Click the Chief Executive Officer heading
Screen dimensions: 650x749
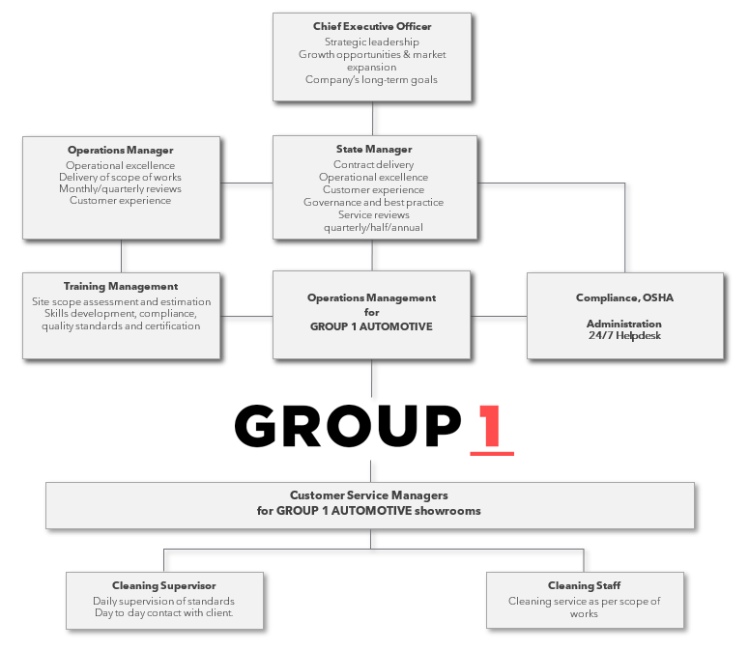pyautogui.click(x=372, y=26)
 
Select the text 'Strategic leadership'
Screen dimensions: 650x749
pyautogui.click(x=372, y=42)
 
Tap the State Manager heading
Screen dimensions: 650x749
pyautogui.click(x=373, y=150)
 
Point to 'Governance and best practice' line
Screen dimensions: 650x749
pyautogui.click(x=373, y=202)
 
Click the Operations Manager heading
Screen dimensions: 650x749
pyautogui.click(x=120, y=150)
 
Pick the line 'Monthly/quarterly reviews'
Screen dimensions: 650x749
pyautogui.click(x=120, y=188)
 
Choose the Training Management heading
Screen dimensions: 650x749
pyautogui.click(x=121, y=286)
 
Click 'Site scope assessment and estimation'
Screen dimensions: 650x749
pyautogui.click(x=121, y=301)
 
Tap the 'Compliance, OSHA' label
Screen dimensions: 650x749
pyautogui.click(x=624, y=297)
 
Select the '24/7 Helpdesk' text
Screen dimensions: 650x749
pyautogui.click(x=624, y=335)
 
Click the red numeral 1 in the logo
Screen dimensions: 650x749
pyautogui.click(x=491, y=426)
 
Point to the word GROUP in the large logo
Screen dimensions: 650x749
pyautogui.click(x=348, y=426)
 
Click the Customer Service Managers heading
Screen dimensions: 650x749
pyautogui.click(x=369, y=495)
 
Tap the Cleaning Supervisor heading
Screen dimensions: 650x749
pyautogui.click(x=163, y=585)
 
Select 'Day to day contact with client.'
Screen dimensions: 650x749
pyautogui.click(x=163, y=612)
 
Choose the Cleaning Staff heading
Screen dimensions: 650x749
pyautogui.click(x=584, y=585)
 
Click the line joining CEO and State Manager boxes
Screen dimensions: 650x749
pyautogui.click(x=373, y=118)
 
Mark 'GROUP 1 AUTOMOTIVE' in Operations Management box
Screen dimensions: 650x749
pyautogui.click(x=371, y=326)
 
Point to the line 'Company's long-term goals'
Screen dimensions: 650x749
pyautogui.click(x=372, y=79)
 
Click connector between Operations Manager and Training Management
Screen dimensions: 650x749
pyautogui.click(x=122, y=255)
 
